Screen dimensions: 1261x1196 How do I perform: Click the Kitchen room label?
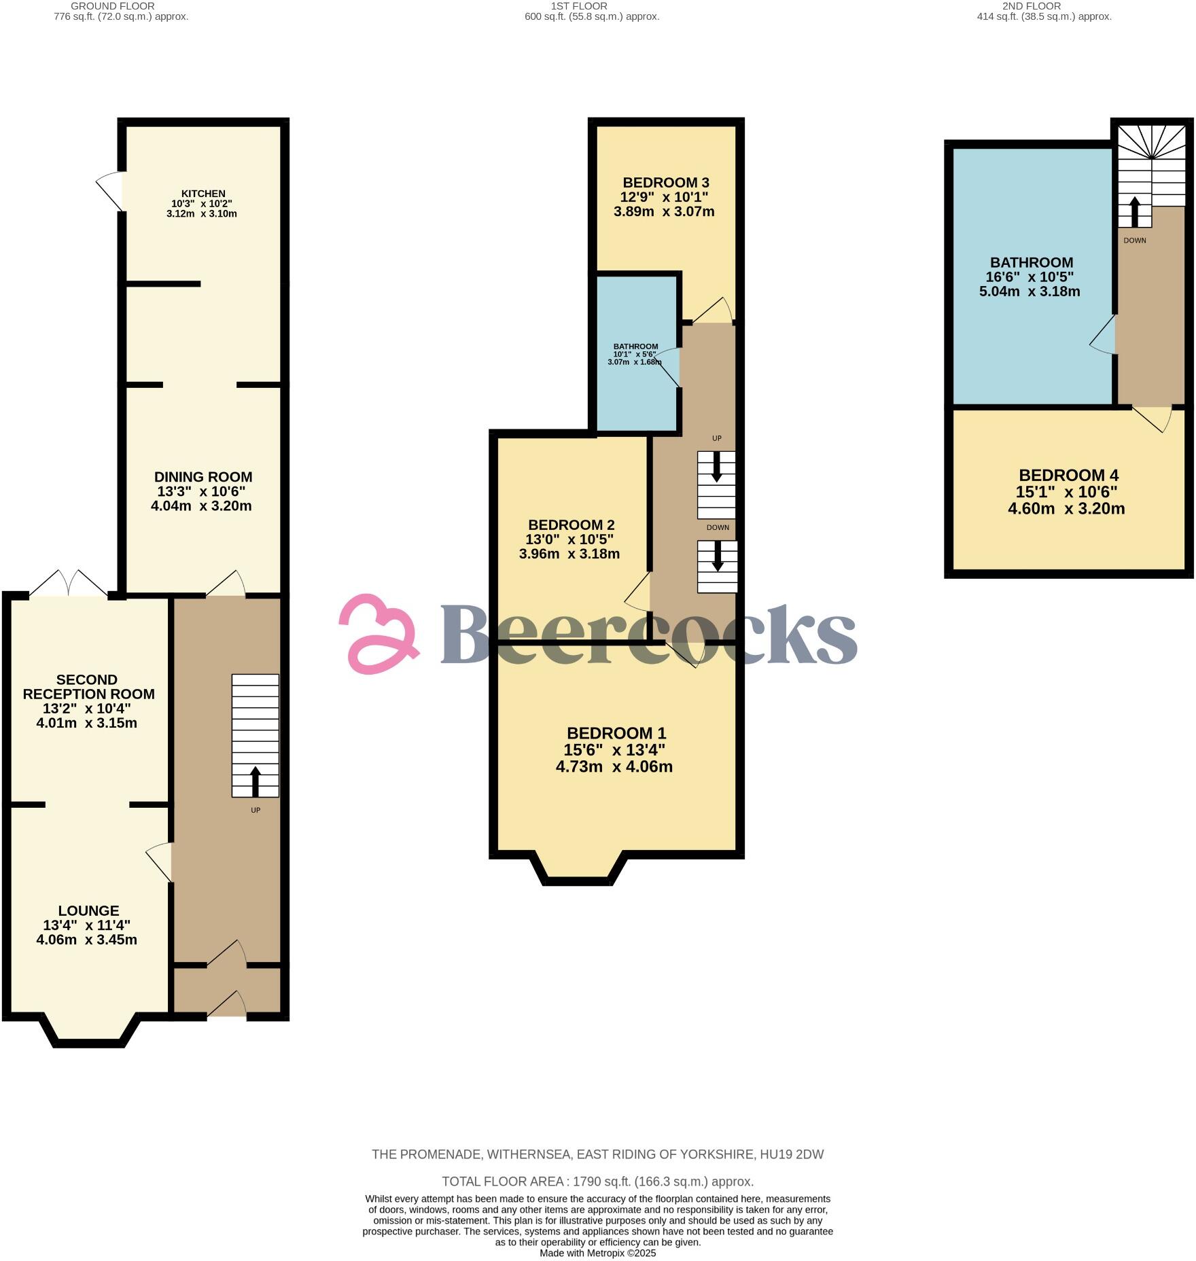coord(203,194)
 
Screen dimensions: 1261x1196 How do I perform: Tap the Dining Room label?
coord(203,477)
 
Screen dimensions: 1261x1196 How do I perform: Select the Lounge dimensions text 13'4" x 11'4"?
coord(87,925)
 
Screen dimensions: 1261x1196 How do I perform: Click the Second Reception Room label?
coord(88,687)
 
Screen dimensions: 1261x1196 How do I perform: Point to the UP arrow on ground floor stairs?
coord(256,782)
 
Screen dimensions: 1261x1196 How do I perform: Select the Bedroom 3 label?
coord(666,182)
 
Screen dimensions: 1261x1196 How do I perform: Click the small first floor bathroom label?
coord(635,347)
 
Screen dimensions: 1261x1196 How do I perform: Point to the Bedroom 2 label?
coord(571,525)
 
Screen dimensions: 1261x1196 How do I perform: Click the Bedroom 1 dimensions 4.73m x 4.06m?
coord(614,767)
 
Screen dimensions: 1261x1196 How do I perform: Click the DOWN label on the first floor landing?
coord(718,527)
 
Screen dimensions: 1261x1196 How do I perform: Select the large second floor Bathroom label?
coord(1031,262)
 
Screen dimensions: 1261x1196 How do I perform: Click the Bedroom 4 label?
coord(1068,475)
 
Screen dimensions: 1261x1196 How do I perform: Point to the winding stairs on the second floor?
coord(1153,163)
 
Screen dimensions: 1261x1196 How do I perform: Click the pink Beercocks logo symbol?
coord(378,633)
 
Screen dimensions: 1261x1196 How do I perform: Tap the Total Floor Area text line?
coord(597,1181)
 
